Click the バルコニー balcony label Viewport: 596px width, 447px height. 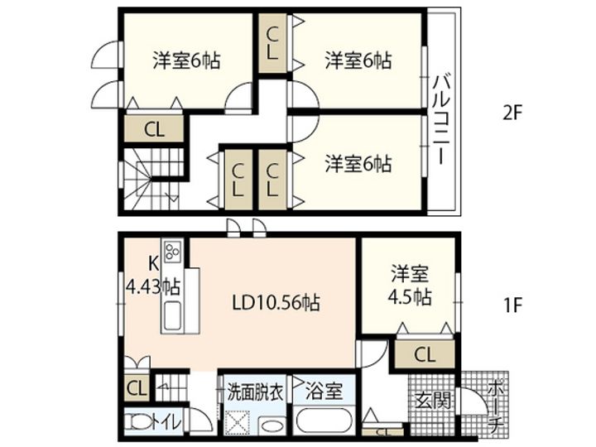pyautogui.click(x=442, y=120)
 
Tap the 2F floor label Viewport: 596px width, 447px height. pyautogui.click(x=512, y=113)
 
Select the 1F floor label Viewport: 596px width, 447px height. pyautogui.click(x=512, y=305)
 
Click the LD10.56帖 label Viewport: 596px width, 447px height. pyautogui.click(x=276, y=303)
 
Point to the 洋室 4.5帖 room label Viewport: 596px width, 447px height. pyautogui.click(x=410, y=286)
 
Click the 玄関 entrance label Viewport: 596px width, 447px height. pyautogui.click(x=433, y=400)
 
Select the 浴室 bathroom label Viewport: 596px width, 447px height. pyautogui.click(x=324, y=391)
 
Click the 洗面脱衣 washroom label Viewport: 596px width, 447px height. pyautogui.click(x=256, y=392)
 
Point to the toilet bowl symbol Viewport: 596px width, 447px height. pyautogui.click(x=138, y=421)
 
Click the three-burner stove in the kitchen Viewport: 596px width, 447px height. pyautogui.click(x=172, y=251)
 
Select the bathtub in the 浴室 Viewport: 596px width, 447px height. pyautogui.click(x=324, y=421)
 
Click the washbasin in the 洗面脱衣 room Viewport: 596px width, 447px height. pyautogui.click(x=272, y=425)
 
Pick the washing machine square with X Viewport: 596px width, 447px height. pyautogui.click(x=237, y=422)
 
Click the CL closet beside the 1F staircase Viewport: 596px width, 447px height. pyautogui.click(x=137, y=388)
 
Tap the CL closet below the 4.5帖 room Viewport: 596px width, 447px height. pyautogui.click(x=424, y=354)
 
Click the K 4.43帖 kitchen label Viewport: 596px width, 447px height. pyautogui.click(x=153, y=276)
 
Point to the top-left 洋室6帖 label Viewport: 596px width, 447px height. pyautogui.click(x=186, y=60)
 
